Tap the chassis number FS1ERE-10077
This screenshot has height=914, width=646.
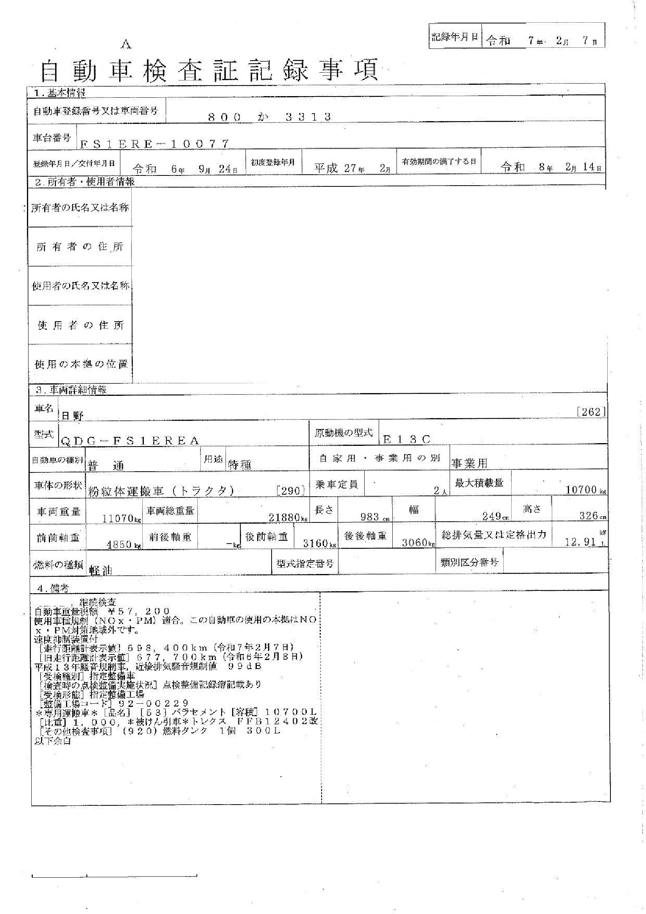[154, 144]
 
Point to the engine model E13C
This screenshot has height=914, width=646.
[406, 439]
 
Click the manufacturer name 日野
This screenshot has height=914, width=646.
[72, 416]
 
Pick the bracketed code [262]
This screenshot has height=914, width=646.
[591, 412]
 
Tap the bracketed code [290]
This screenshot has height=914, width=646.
[290, 490]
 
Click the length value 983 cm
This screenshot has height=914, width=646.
[370, 517]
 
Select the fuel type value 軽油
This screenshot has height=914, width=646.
[101, 570]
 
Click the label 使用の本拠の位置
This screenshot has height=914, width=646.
[81, 364]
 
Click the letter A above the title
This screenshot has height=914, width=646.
[126, 45]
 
